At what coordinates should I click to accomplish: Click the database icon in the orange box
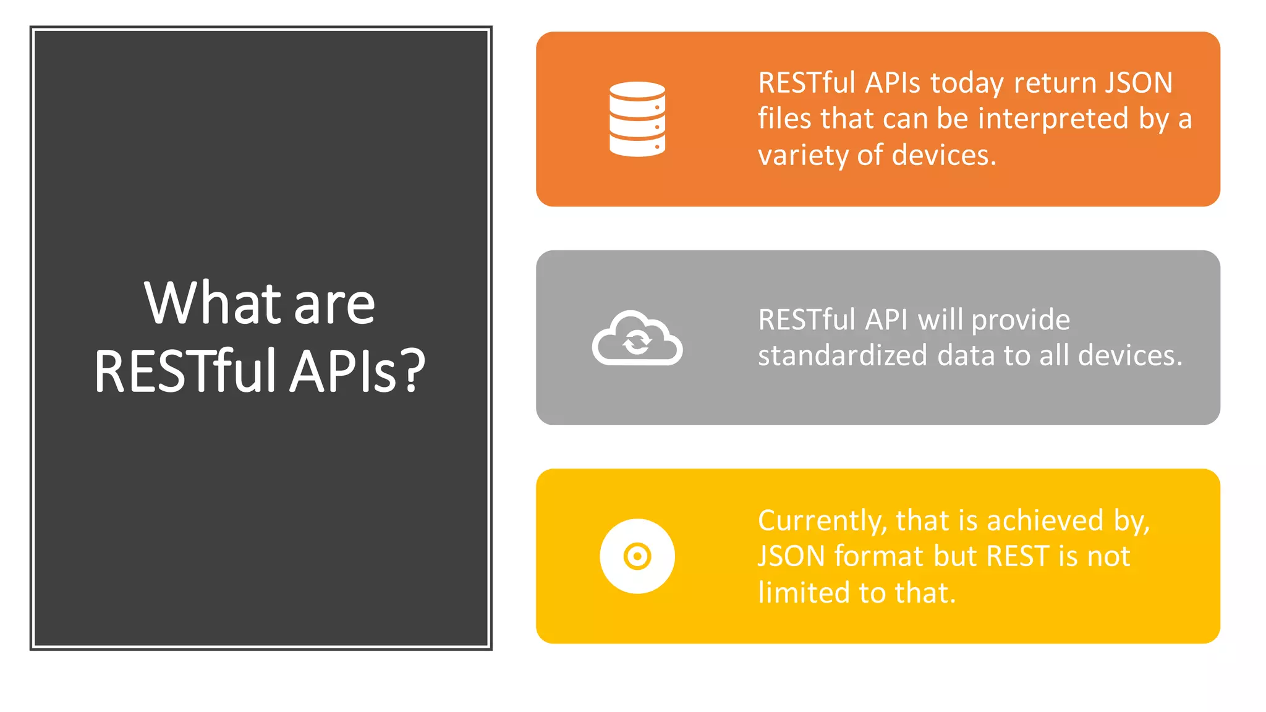coord(637,119)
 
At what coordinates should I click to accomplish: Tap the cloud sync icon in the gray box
coord(637,338)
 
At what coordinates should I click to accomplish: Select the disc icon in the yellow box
coord(637,556)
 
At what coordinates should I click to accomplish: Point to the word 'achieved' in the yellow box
coord(1045,520)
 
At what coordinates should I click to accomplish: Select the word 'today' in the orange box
coord(967,83)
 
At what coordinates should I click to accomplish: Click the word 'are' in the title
coord(334,303)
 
